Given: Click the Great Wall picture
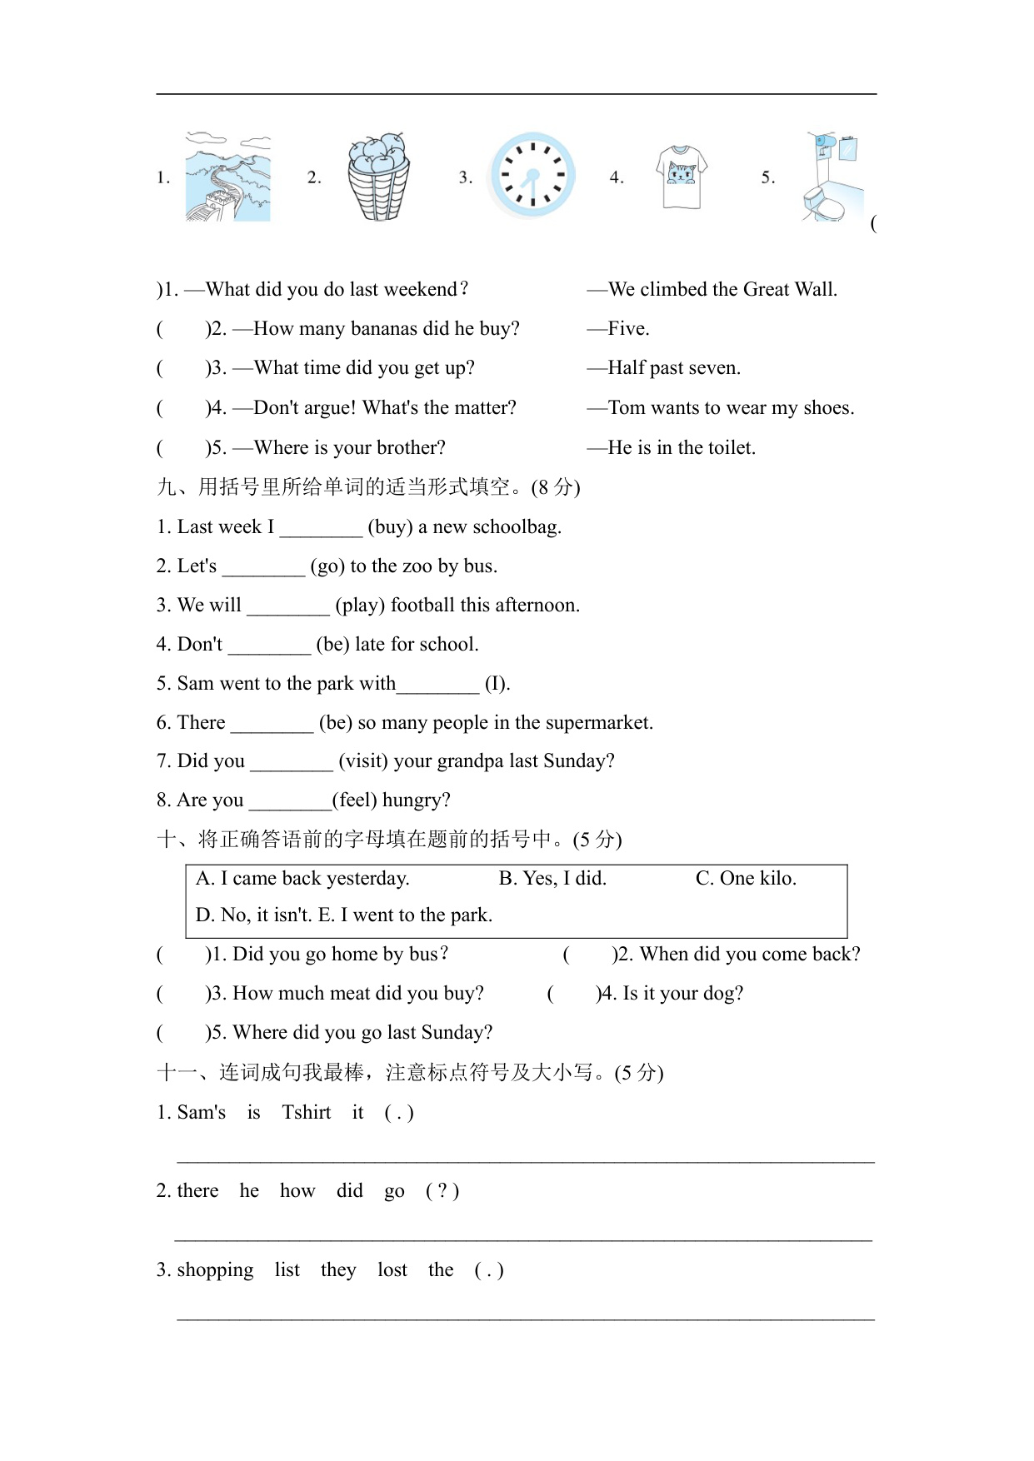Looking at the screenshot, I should (x=227, y=177).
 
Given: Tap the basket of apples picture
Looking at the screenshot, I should (x=378, y=177).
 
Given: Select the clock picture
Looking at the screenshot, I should (x=532, y=176).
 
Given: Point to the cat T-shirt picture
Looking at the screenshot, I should (x=682, y=177).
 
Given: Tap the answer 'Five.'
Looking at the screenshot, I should (x=628, y=329).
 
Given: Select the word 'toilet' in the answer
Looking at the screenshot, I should (x=729, y=448).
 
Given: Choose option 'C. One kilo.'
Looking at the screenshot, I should (x=746, y=879).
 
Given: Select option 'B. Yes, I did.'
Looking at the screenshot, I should (x=552, y=879).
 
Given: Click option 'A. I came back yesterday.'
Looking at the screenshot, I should (x=302, y=879).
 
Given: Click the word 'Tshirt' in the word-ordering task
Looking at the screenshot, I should (x=306, y=1113).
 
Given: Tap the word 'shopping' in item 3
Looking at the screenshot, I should (x=215, y=1270).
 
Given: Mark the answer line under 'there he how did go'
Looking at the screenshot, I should (x=523, y=1239).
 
